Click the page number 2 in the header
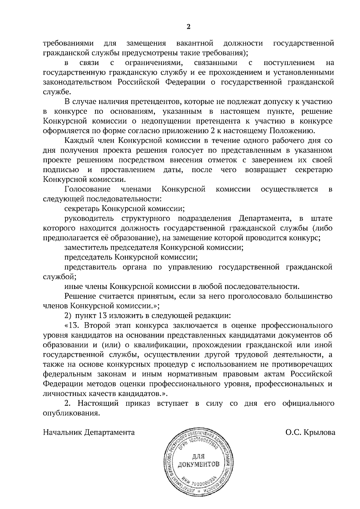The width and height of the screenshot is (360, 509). pos(188,27)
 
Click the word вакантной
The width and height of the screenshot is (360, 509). pos(195,43)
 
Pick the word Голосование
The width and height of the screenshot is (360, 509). pos(87,189)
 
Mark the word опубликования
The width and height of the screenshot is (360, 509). pos(71,413)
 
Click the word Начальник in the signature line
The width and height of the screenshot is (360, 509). pos(63,433)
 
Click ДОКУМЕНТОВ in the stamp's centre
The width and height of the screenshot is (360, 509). pos(198,465)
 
